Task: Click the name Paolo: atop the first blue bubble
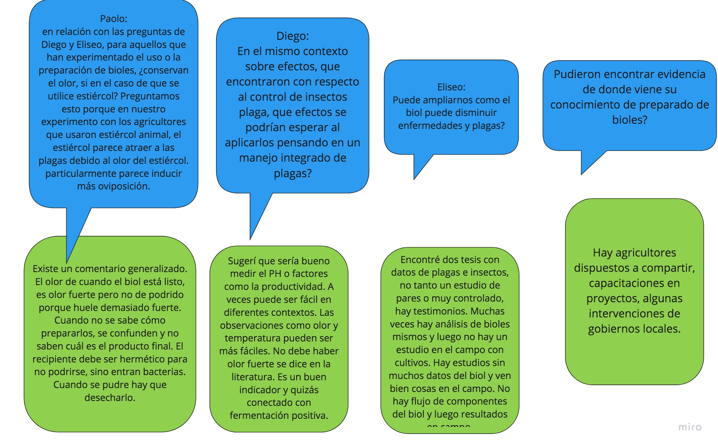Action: pos(113,19)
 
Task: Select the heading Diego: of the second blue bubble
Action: pos(292,36)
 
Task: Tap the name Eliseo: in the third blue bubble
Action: pos(451,87)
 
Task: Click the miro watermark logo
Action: pos(690,427)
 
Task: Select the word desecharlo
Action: pos(110,398)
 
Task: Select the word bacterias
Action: pos(165,372)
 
